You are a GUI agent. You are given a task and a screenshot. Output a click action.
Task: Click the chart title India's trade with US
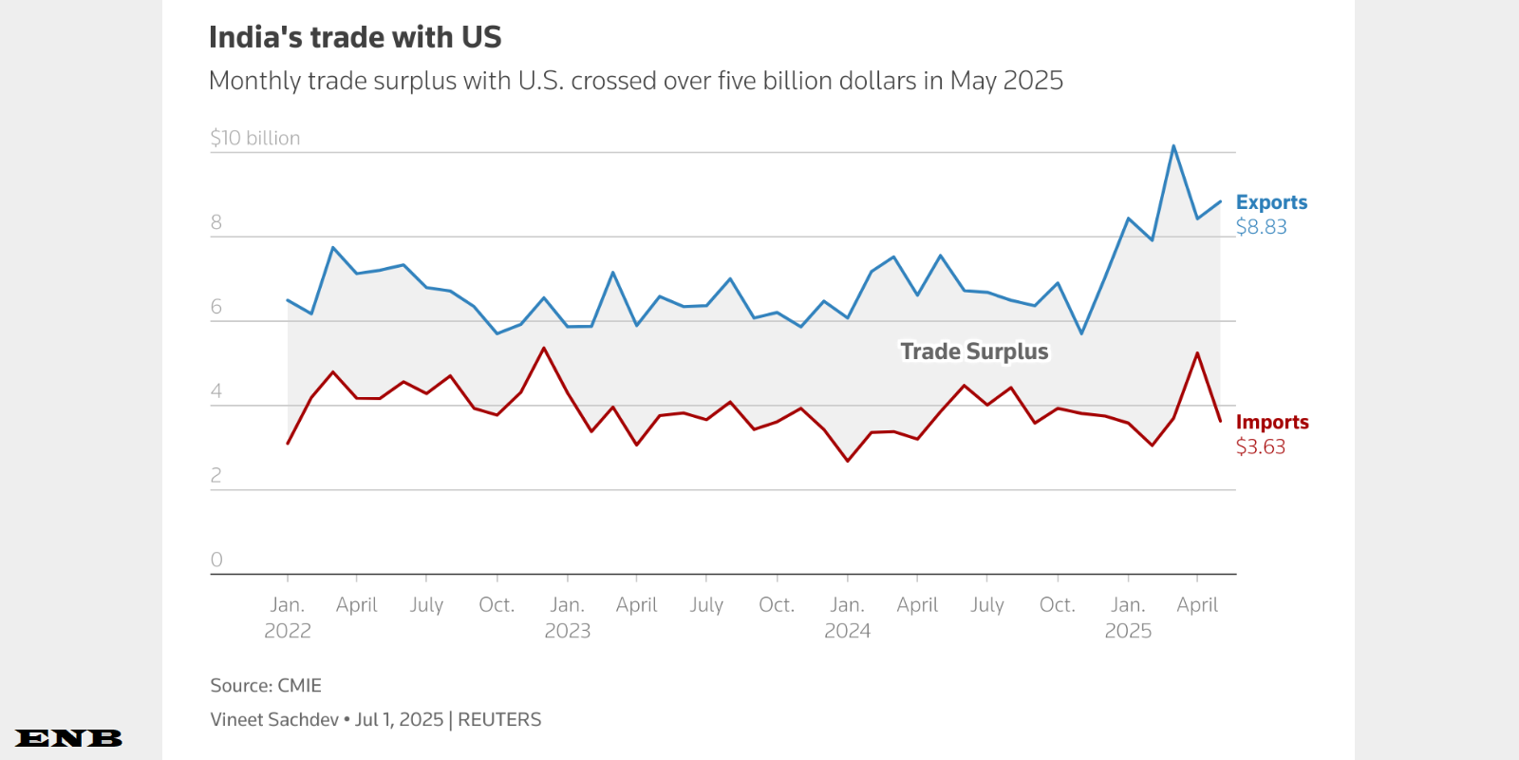pyautogui.click(x=355, y=37)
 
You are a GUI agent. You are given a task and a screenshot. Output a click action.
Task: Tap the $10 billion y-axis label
pyautogui.click(x=255, y=138)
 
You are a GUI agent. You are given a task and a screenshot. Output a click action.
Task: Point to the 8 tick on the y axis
pyautogui.click(x=216, y=222)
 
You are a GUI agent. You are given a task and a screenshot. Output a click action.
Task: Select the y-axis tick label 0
pyautogui.click(x=216, y=560)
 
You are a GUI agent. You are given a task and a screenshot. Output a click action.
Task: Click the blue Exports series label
pyautogui.click(x=1271, y=202)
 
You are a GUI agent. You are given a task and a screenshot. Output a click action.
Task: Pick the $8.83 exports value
pyautogui.click(x=1261, y=227)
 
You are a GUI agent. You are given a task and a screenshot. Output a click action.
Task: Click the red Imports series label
pyautogui.click(x=1272, y=422)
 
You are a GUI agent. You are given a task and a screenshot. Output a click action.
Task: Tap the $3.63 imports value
pyautogui.click(x=1260, y=446)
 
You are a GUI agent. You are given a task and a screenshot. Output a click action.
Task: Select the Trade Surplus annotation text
pyautogui.click(x=974, y=351)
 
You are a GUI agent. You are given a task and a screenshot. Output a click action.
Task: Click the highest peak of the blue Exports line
pyautogui.click(x=1173, y=146)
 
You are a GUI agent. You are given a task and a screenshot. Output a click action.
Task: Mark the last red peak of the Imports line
pyautogui.click(x=1197, y=353)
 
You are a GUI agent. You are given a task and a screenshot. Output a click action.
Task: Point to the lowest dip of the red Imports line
pyautogui.click(x=848, y=461)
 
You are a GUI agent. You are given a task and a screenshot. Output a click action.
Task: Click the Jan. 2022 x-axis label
pyautogui.click(x=288, y=617)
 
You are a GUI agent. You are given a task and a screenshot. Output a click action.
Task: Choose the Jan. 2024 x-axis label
pyautogui.click(x=847, y=617)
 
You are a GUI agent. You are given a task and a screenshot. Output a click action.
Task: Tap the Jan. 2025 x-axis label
pyautogui.click(x=1128, y=617)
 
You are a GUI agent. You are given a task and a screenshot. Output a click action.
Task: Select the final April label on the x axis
pyautogui.click(x=1197, y=605)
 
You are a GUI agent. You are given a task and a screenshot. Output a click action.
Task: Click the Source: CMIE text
pyautogui.click(x=266, y=686)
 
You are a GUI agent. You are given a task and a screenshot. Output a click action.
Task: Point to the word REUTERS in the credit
pyautogui.click(x=499, y=720)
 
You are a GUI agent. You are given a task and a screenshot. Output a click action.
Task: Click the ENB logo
pyautogui.click(x=69, y=738)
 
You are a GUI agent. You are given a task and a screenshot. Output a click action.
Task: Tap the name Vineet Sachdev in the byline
pyautogui.click(x=274, y=720)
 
